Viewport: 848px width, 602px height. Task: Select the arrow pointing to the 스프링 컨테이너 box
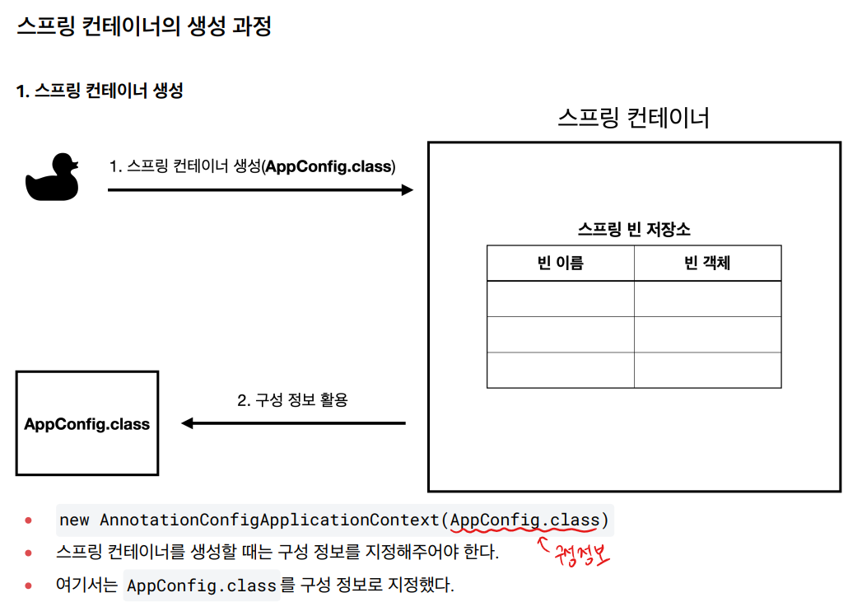(x=260, y=190)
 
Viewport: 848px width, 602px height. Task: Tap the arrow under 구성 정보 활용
(x=293, y=423)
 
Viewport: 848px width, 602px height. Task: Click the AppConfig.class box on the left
(x=87, y=423)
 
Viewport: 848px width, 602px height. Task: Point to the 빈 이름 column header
(x=560, y=264)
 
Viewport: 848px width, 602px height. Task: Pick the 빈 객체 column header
(x=707, y=264)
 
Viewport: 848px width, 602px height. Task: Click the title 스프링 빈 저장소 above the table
(x=633, y=230)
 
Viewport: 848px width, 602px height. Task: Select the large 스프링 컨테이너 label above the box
(x=633, y=118)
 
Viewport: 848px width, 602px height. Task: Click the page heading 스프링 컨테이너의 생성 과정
(x=144, y=26)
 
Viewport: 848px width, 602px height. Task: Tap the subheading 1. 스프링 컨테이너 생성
(x=100, y=91)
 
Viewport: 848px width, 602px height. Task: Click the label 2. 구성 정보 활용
(x=292, y=400)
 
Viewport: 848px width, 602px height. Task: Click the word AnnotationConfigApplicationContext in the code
(x=271, y=520)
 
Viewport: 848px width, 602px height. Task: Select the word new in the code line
(x=74, y=520)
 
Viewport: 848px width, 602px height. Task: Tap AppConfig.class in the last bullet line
(x=202, y=586)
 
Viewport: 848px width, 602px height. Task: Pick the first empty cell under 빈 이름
(x=560, y=299)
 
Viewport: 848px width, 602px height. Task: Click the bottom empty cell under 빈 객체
(x=707, y=370)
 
